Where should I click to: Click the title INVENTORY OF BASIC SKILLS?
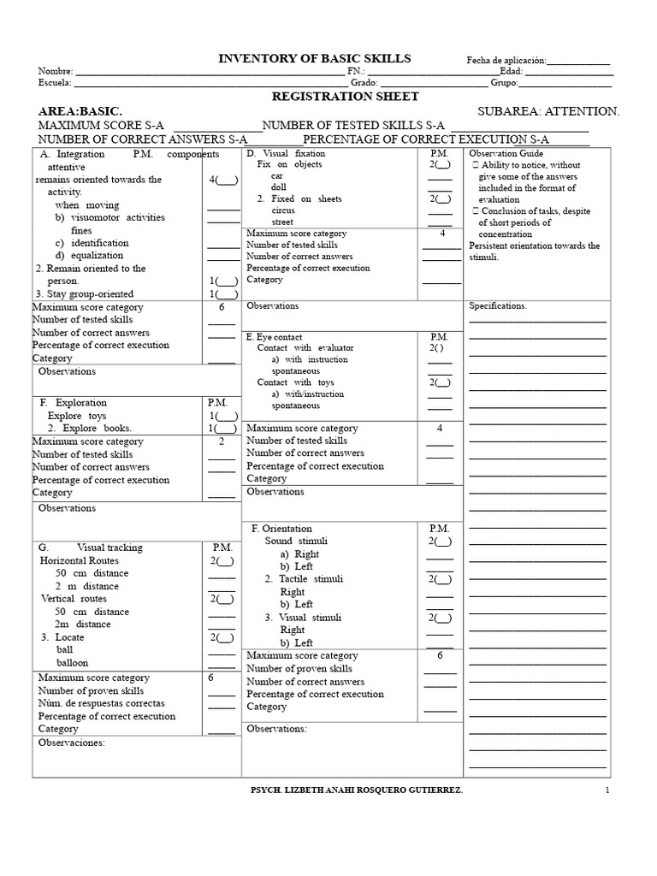[315, 58]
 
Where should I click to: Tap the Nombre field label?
[55, 71]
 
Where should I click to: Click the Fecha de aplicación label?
[506, 61]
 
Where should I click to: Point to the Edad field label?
[511, 71]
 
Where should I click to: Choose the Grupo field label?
[504, 83]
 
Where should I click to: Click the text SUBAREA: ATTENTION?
[548, 111]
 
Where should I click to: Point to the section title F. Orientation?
[281, 529]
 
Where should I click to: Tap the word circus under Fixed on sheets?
[284, 210]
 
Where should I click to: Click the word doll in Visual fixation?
[279, 186]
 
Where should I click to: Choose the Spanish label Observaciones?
[71, 743]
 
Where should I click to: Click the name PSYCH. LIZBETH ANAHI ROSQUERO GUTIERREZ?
[353, 791]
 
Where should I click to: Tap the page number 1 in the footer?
[607, 791]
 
